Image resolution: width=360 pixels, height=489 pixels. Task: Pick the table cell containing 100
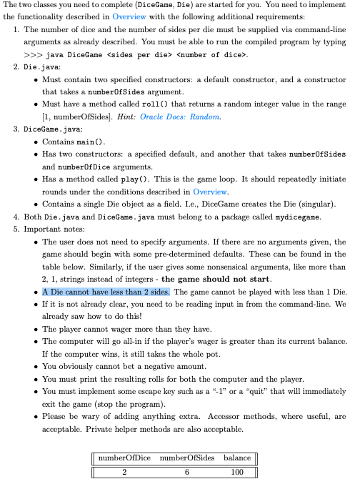[x=236, y=472]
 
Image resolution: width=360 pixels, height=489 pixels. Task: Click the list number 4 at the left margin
[x=17, y=217]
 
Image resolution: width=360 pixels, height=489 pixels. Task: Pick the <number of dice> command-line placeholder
[x=211, y=54]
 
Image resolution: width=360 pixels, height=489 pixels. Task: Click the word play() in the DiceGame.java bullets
[x=161, y=179]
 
